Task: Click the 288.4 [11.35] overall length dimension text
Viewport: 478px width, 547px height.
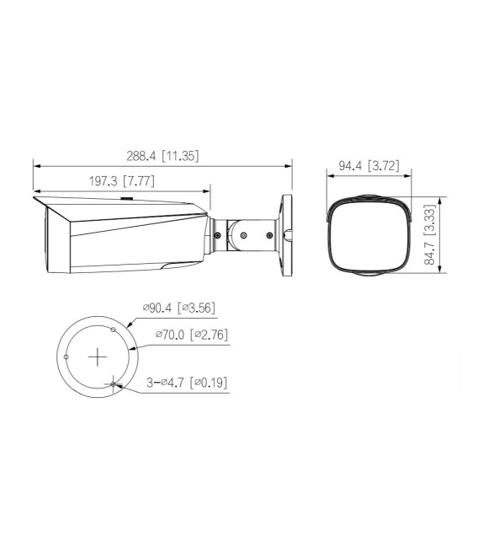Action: [163, 156]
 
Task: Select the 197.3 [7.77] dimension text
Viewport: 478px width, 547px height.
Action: [121, 180]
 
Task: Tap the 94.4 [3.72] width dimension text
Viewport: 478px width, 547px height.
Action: [369, 167]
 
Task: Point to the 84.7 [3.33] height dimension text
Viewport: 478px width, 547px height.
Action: [430, 235]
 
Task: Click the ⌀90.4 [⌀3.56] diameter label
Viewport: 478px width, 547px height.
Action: [178, 308]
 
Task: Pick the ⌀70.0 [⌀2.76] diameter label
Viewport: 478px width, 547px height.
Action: [191, 335]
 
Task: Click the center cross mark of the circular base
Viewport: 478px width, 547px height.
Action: [98, 357]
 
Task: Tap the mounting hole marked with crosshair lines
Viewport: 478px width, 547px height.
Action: [114, 383]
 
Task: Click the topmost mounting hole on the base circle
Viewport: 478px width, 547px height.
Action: [114, 330]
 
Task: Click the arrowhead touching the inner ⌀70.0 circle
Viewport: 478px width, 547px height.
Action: [132, 346]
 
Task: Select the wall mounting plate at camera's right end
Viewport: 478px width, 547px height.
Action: [286, 233]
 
